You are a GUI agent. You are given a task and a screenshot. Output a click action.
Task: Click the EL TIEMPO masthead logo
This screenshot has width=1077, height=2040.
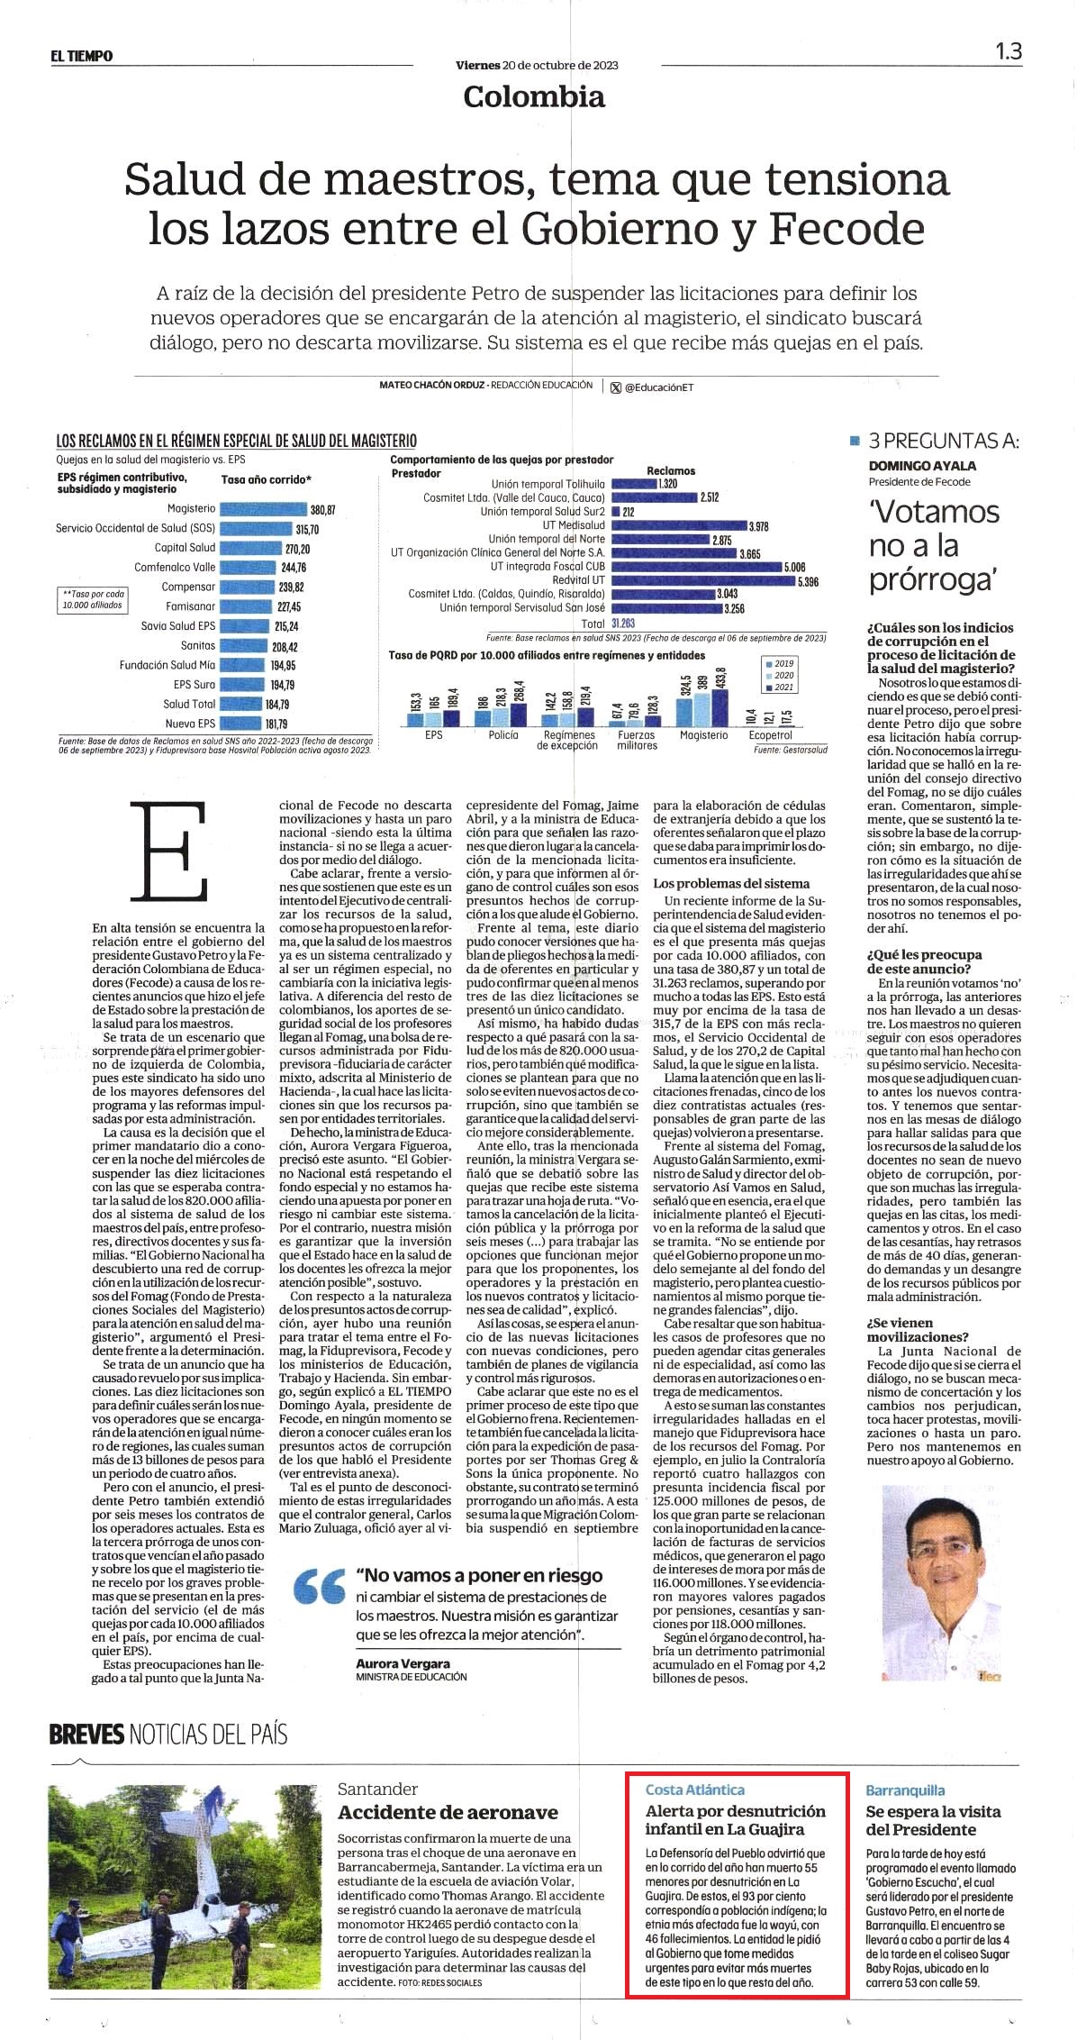(82, 56)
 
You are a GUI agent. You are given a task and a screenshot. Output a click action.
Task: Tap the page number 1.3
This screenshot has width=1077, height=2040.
(1009, 52)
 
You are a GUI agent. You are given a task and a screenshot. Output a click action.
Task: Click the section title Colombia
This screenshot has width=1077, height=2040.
(534, 96)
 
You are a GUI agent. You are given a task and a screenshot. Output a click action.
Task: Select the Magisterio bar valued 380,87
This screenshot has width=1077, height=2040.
(263, 509)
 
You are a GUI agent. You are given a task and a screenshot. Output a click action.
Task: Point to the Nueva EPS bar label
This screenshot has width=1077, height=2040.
(190, 724)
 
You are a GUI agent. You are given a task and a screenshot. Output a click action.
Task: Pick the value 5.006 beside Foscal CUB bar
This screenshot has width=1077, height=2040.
(793, 567)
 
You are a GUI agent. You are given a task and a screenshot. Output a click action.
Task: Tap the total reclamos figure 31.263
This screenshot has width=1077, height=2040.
(623, 623)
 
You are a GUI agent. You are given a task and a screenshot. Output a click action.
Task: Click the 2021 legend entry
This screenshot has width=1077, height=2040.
(779, 688)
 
